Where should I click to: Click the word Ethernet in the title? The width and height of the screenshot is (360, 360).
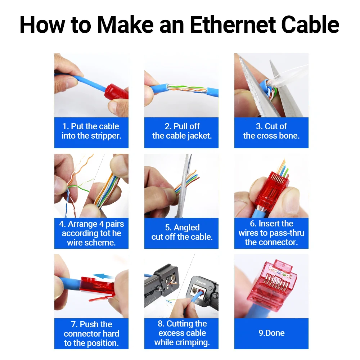coord(233,24)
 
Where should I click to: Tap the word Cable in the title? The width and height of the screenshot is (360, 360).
coord(310,24)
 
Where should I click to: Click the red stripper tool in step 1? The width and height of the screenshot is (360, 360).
coord(116,91)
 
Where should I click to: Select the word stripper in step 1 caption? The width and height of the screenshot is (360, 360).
coord(106,136)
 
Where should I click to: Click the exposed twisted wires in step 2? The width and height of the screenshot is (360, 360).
coord(186,89)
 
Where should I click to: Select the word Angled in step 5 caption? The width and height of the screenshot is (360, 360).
coord(186,228)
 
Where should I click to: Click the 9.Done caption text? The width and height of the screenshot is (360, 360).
coord(271,333)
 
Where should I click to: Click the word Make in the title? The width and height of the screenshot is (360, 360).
coord(125,24)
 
